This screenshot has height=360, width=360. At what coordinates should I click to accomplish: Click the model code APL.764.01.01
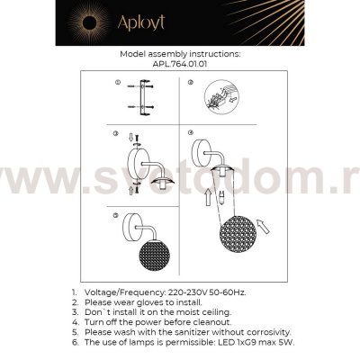[x=180, y=64]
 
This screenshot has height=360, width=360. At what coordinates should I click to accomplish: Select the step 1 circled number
[x=117, y=84]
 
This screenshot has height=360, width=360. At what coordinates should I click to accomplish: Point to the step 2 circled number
[x=191, y=84]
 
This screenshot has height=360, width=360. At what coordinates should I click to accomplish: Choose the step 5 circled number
[x=117, y=217]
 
